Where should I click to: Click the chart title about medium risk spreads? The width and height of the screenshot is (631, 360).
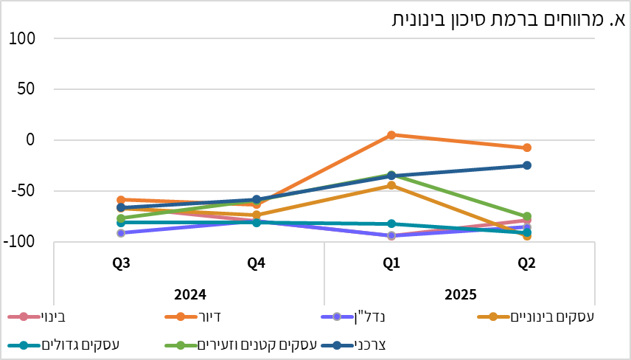509,20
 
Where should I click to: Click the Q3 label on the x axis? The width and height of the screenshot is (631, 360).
122,263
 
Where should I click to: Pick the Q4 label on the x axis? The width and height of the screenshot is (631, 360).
256,263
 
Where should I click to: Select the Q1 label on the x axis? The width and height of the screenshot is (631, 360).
391,263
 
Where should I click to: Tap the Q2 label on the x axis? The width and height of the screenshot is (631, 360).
526,263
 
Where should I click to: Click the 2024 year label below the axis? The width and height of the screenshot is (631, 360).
189,294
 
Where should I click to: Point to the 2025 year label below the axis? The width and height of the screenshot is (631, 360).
459,294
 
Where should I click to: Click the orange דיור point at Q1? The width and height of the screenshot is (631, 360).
391,135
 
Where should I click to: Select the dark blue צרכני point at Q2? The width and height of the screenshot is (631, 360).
527,165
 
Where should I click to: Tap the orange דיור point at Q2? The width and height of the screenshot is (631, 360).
527,148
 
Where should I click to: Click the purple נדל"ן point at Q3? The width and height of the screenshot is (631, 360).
122,233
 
